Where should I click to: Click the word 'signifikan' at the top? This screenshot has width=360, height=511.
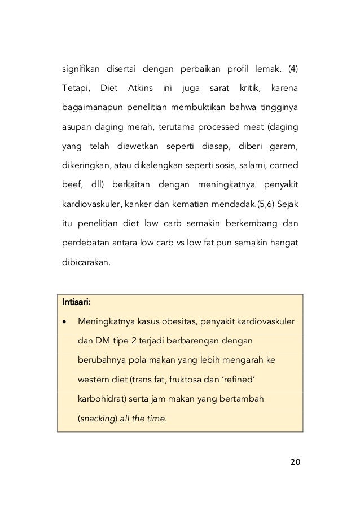pos(81,70)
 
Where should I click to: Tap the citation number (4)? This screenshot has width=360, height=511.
pos(293,70)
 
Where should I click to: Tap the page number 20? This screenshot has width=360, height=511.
pos(295,463)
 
